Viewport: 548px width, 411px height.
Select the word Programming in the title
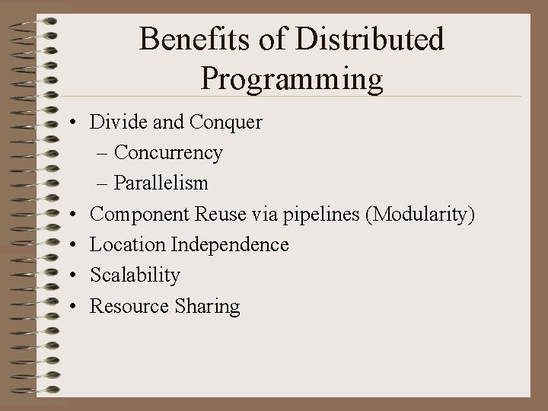[x=292, y=78]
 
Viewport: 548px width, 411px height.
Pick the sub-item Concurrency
[x=168, y=153]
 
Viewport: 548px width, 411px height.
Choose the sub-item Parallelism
[x=161, y=183]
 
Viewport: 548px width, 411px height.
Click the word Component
[x=139, y=215]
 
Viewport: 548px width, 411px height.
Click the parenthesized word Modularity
[x=420, y=215]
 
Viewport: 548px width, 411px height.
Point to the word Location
[x=128, y=244]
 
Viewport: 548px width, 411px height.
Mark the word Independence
[x=230, y=244]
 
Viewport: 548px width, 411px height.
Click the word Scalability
[x=135, y=275]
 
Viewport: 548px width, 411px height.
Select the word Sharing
[x=207, y=306]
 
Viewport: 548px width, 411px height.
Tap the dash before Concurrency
[x=103, y=153]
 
